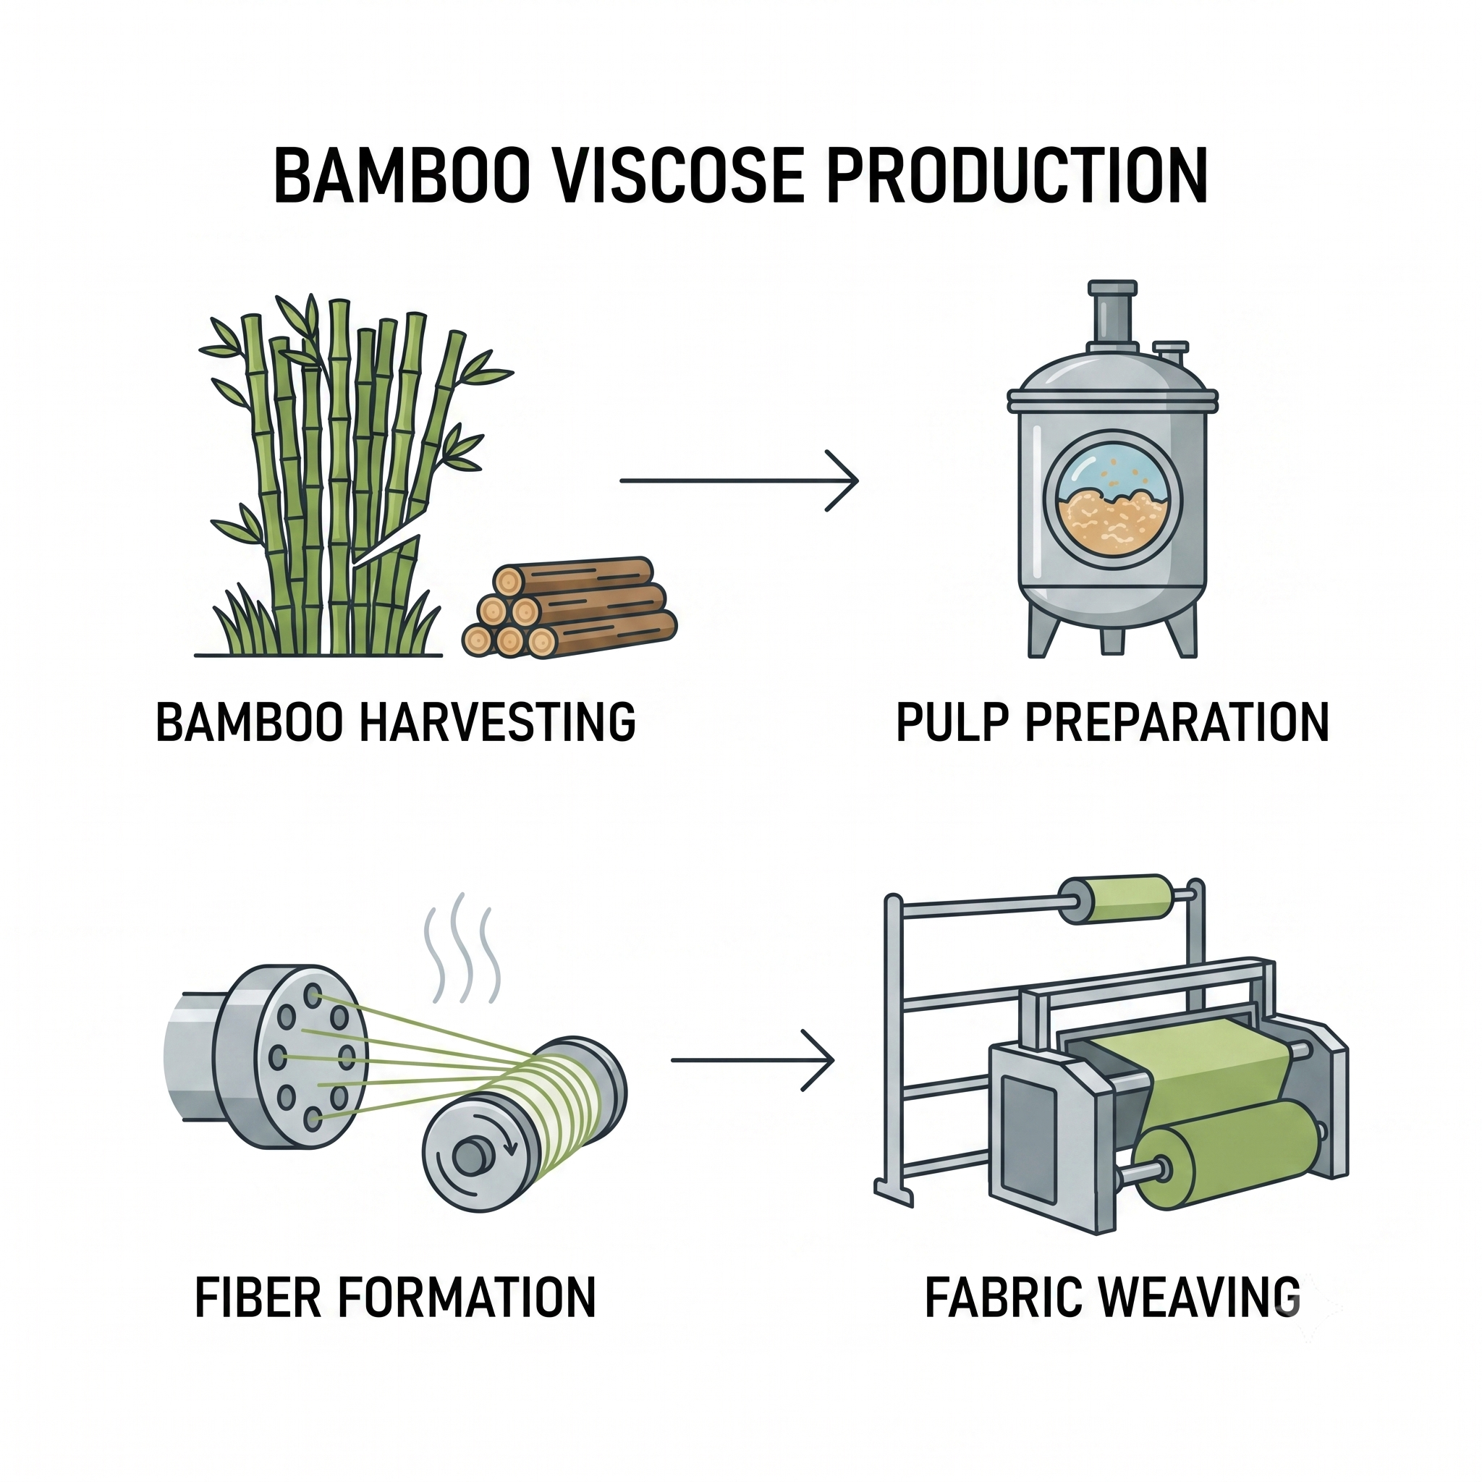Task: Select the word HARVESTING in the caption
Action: coord(497,721)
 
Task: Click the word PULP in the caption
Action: coord(949,721)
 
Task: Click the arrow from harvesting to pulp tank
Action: coord(739,481)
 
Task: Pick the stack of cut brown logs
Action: coord(570,606)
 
